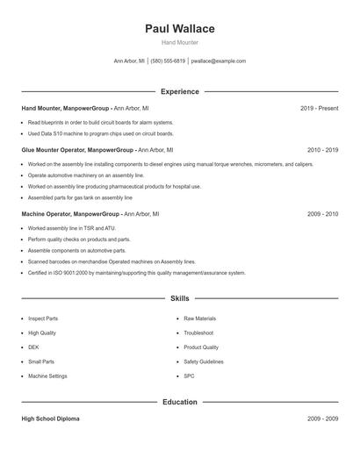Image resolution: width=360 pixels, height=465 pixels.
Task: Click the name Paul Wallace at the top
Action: tap(180, 28)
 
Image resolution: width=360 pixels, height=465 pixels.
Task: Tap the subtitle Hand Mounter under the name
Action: tap(180, 42)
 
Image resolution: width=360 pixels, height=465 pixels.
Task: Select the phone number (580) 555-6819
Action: tap(168, 61)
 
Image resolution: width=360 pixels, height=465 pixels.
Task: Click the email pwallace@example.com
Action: tap(219, 61)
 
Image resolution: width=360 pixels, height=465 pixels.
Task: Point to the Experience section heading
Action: tap(180, 91)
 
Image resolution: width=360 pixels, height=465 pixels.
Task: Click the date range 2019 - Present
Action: tap(319, 108)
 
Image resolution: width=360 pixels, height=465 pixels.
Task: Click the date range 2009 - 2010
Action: tap(322, 214)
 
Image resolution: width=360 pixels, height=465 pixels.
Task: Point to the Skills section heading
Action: tap(180, 298)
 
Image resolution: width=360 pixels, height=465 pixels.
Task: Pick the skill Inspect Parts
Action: tap(43, 318)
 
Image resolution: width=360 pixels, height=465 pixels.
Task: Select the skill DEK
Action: tap(33, 347)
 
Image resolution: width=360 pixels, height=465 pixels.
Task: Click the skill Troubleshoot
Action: tap(198, 333)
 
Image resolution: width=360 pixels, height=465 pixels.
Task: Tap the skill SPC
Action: tap(189, 376)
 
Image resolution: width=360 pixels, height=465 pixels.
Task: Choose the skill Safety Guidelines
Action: tap(205, 361)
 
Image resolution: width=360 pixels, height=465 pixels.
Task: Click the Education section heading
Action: tap(180, 402)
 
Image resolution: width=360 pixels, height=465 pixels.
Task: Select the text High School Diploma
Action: tap(50, 418)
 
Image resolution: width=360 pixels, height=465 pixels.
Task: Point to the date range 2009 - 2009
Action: tap(322, 418)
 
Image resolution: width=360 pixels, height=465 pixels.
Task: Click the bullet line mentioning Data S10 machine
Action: tap(100, 133)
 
